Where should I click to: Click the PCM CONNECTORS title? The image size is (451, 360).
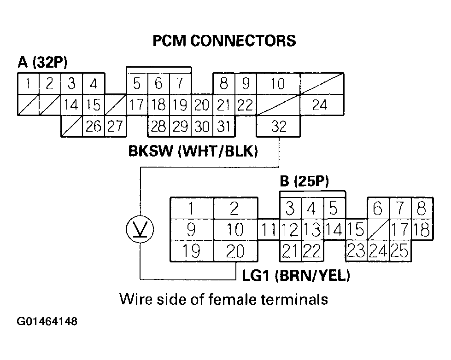pos(224,41)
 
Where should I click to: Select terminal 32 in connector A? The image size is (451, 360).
pos(278,126)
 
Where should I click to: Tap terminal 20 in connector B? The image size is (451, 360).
pos(234,252)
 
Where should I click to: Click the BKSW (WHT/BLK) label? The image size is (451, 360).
pos(192,151)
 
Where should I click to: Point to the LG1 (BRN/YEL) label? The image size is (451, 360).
pos(296,277)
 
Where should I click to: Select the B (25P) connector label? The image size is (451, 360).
pos(305,181)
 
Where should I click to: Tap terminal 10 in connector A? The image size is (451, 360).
pos(278,84)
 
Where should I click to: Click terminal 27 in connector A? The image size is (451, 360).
pos(116,126)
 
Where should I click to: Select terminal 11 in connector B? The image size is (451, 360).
pos(269,229)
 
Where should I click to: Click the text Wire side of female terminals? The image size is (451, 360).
pos(224,300)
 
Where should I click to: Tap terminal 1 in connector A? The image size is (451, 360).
pos(28,84)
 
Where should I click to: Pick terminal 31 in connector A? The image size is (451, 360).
pos(223,126)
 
